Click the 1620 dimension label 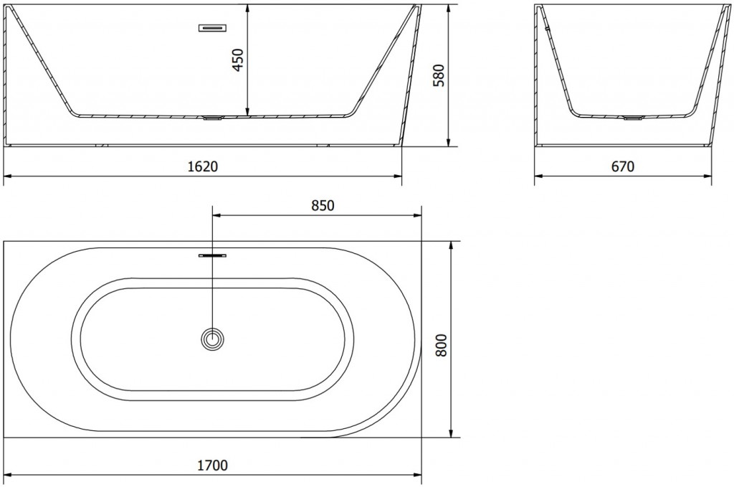203,166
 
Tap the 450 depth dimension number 239,60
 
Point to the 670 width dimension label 623,166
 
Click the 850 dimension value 323,205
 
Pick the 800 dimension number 442,345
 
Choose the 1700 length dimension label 212,465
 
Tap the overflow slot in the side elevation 214,28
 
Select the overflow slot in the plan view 212,255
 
